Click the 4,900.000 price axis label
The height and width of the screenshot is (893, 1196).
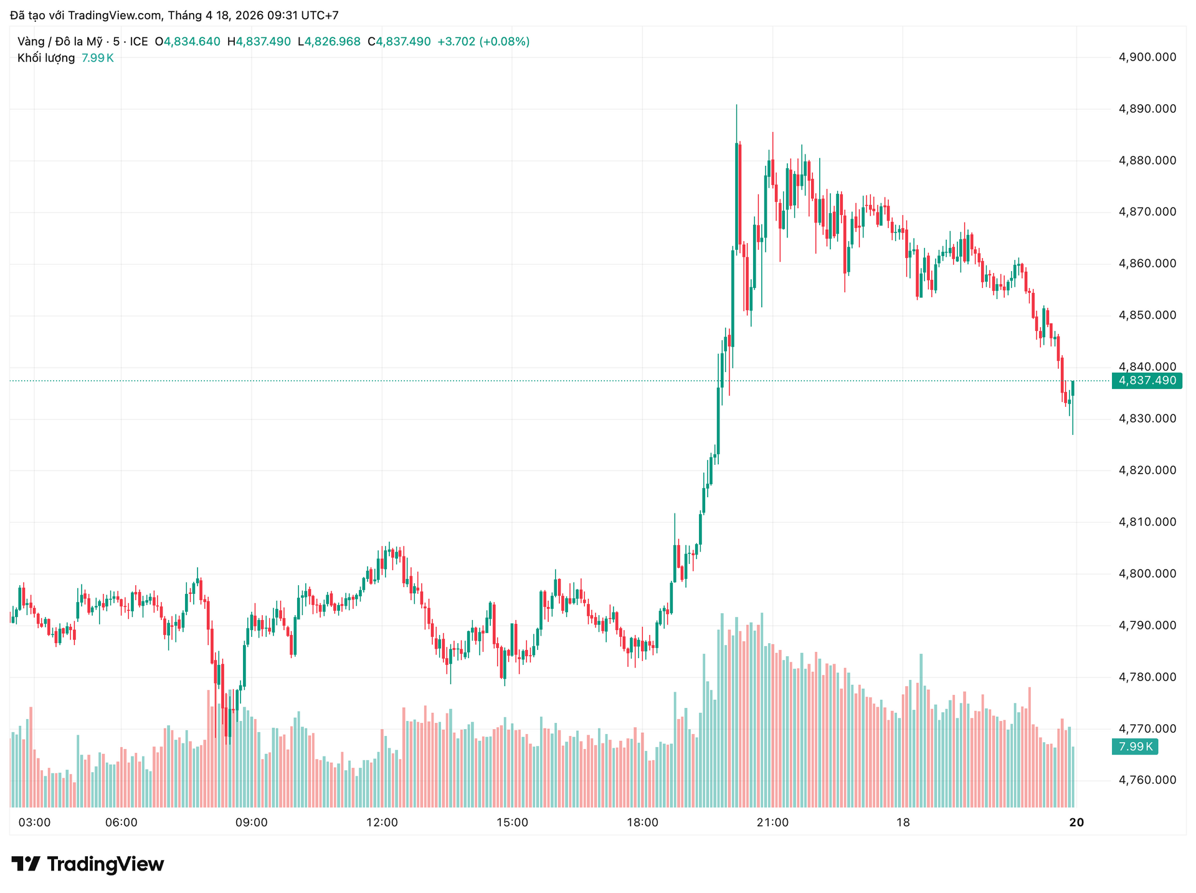click(1147, 57)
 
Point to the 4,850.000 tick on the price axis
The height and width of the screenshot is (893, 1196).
click(1147, 315)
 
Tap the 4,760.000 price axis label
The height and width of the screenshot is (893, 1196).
click(1147, 780)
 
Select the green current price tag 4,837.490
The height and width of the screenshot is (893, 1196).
click(1147, 381)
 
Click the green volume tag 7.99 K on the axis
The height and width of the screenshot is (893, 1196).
click(1135, 747)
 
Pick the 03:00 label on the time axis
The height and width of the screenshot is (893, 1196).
click(34, 823)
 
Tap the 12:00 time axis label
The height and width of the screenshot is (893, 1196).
click(382, 823)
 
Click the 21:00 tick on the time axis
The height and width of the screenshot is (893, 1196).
click(772, 823)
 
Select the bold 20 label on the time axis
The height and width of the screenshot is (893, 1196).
click(1076, 823)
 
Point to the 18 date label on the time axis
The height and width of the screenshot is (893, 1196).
click(903, 823)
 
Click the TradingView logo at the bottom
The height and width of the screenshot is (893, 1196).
click(88, 864)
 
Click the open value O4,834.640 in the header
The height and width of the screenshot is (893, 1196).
click(187, 42)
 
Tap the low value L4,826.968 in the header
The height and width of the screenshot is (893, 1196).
click(329, 42)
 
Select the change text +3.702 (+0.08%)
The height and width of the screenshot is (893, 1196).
click(483, 42)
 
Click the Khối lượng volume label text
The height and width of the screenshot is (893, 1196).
click(46, 58)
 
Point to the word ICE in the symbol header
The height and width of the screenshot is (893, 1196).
click(138, 42)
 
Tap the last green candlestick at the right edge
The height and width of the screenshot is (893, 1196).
click(1073, 388)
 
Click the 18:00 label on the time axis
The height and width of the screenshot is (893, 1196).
click(642, 823)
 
